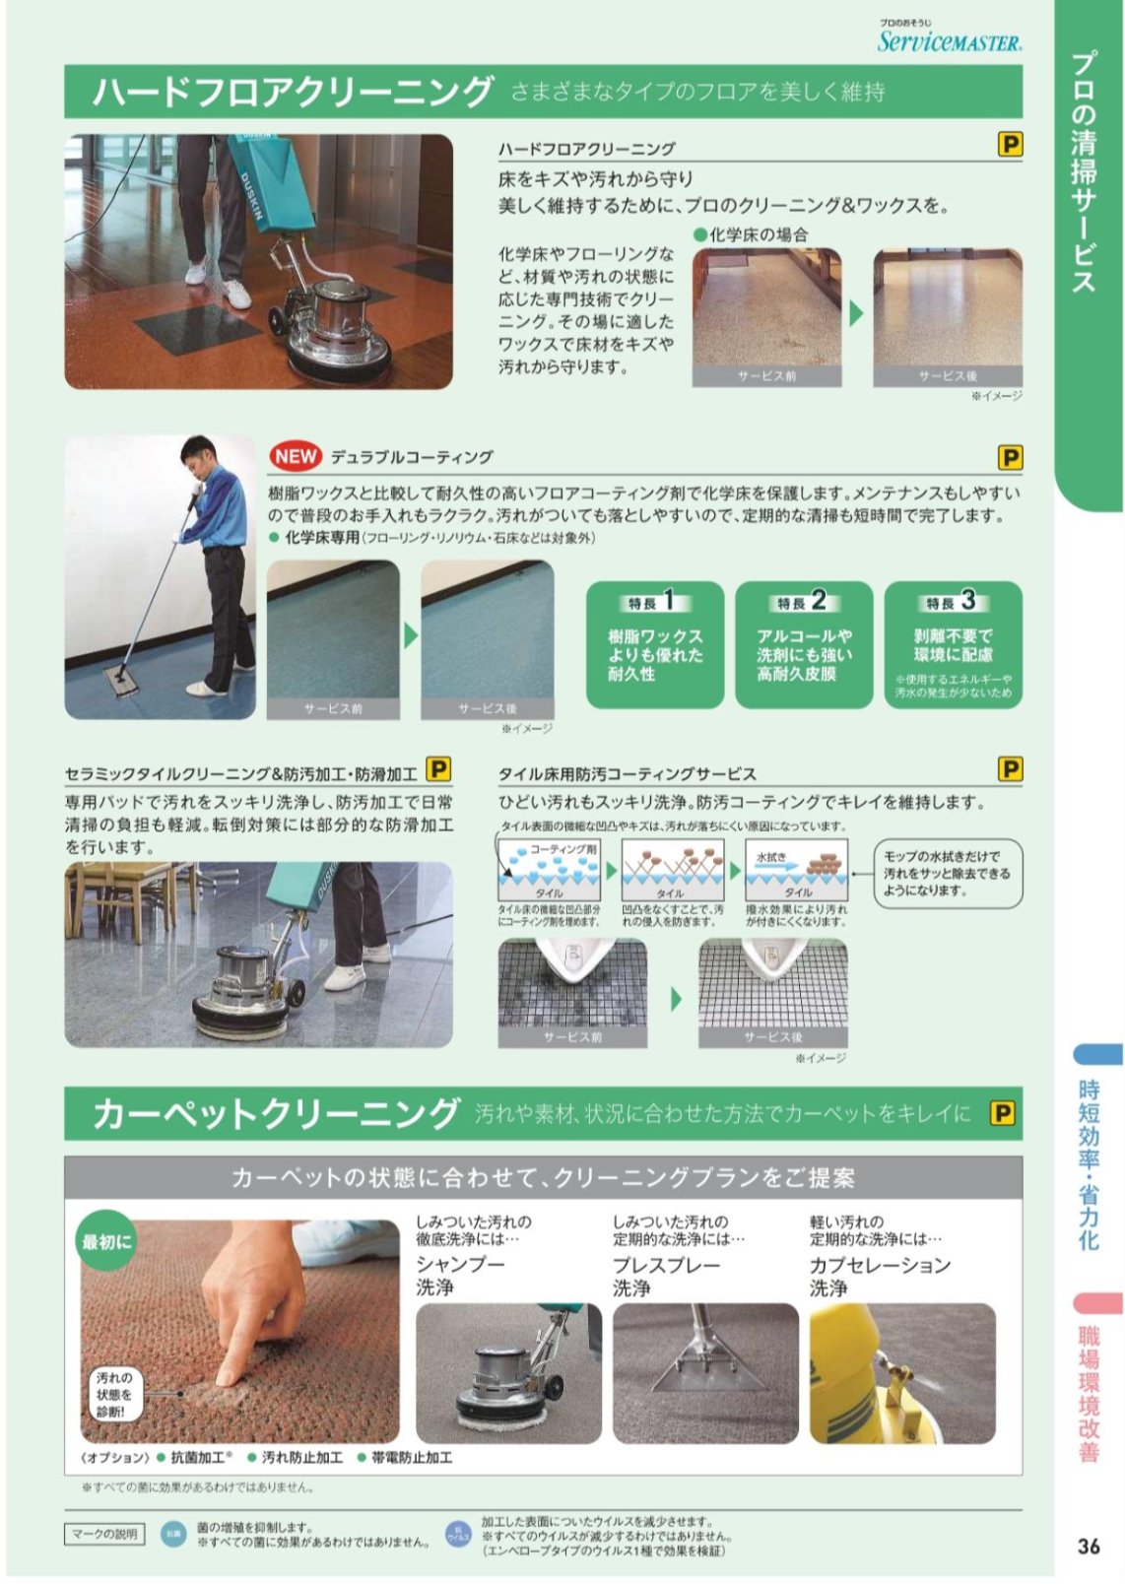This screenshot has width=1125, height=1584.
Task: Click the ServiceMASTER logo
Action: [949, 39]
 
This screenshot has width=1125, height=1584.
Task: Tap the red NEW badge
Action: [296, 457]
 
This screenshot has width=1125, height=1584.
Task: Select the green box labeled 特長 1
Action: [655, 645]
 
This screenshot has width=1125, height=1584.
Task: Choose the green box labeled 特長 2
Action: [804, 645]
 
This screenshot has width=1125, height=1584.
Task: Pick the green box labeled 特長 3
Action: [953, 645]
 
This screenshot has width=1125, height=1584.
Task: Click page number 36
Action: [1089, 1546]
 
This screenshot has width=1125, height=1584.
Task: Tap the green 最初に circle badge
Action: [106, 1241]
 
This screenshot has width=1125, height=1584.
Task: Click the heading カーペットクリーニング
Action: [276, 1114]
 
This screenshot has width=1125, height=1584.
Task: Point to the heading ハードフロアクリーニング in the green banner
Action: [292, 92]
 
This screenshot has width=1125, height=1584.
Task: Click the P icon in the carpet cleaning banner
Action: [1002, 1113]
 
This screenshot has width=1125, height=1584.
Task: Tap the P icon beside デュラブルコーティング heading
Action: [1010, 457]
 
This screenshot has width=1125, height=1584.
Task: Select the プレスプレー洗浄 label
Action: [666, 1276]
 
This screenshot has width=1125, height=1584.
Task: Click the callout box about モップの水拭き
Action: [947, 874]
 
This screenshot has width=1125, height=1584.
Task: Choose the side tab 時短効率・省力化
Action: [1089, 1162]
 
